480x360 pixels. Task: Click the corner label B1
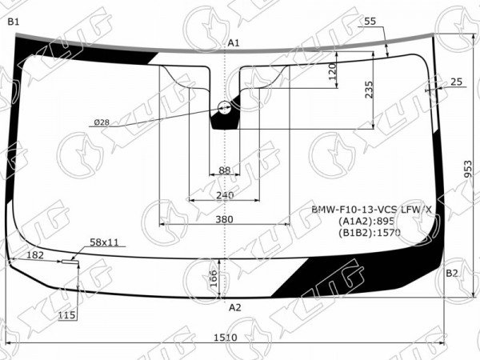(14, 22)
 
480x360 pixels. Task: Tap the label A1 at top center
(234, 43)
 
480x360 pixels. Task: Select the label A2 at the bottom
(235, 307)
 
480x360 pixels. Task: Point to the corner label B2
(452, 273)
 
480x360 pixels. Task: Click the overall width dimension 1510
(226, 338)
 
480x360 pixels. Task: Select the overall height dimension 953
(468, 169)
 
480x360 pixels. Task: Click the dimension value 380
(224, 219)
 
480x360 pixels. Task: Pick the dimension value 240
(225, 195)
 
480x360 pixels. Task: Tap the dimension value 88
(224, 170)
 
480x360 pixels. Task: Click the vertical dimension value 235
(369, 90)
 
